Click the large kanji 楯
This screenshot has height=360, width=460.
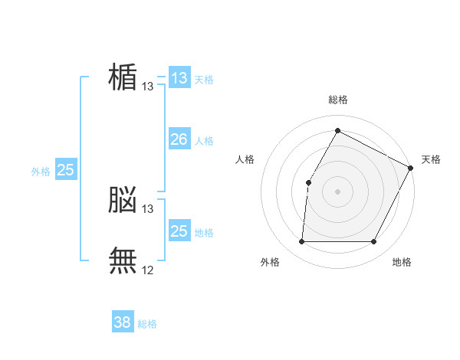tap(123, 77)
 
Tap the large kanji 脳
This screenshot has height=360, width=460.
tap(123, 201)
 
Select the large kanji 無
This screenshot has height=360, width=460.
tap(123, 261)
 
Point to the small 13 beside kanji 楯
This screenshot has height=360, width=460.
tap(148, 87)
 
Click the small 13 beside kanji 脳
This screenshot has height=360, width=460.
tap(148, 208)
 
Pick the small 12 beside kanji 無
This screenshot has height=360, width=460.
tap(148, 270)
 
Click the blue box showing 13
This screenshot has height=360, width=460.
tap(179, 78)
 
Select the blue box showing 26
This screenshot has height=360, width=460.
tap(179, 139)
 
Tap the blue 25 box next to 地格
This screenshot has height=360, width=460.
tap(179, 231)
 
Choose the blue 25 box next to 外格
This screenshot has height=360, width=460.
tap(65, 170)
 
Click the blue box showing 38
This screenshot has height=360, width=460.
tap(122, 322)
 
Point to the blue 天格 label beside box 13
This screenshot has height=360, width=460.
tap(204, 80)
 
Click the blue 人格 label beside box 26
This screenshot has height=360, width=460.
tap(204, 141)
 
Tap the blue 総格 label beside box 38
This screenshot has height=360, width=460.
tap(147, 324)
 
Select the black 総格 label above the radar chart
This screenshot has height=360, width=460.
tap(337, 100)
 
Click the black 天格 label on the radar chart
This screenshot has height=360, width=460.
tap(431, 159)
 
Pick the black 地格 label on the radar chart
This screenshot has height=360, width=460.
tap(402, 262)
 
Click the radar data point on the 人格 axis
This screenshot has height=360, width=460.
tap(309, 182)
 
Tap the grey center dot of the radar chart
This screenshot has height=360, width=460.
tap(337, 191)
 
